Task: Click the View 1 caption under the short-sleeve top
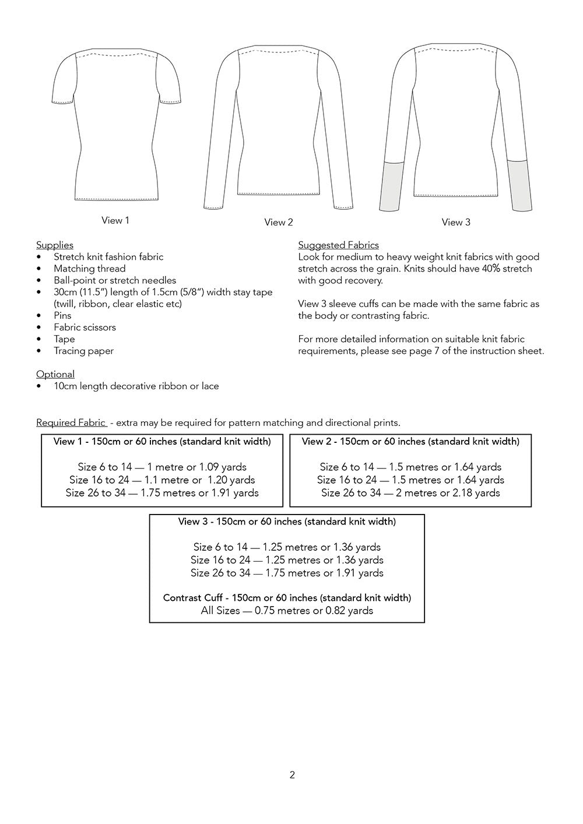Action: (115, 220)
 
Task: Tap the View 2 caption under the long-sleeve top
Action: (279, 222)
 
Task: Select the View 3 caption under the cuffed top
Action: (456, 222)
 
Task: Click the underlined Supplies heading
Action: (55, 245)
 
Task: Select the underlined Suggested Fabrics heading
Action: (338, 245)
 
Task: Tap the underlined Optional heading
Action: (55, 374)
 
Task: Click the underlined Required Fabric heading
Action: (71, 422)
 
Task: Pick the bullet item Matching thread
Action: (89, 269)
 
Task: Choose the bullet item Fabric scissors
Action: (85, 328)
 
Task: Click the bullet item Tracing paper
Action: (83, 351)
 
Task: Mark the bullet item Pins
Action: (62, 315)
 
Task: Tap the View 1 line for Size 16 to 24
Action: (162, 480)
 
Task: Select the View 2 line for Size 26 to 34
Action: (410, 493)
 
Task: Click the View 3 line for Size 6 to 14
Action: (287, 547)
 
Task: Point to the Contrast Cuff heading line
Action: (287, 598)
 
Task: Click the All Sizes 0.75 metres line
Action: (287, 611)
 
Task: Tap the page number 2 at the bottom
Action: (292, 775)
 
